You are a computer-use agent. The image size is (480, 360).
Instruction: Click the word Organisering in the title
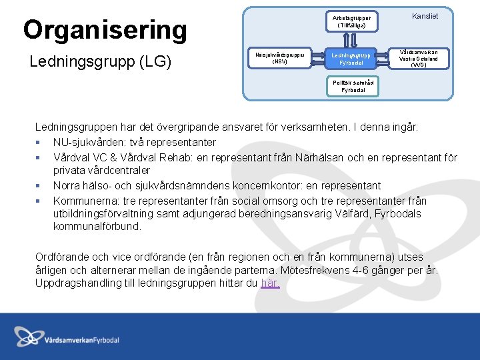point(105,30)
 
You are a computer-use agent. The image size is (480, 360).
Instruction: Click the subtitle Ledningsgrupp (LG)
point(101,62)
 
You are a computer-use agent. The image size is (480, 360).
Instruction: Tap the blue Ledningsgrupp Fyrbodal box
point(351,59)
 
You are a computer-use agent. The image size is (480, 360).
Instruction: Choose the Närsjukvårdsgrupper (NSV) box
point(280,58)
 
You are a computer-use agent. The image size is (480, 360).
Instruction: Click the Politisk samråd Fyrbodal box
point(353,85)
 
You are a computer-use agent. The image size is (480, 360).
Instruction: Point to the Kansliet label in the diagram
point(425,16)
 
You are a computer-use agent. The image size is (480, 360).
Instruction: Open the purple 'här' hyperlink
point(270,283)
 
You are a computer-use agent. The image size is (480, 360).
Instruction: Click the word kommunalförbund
point(97,226)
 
